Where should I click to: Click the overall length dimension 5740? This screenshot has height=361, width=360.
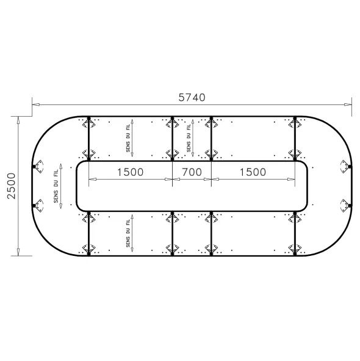[x=192, y=97]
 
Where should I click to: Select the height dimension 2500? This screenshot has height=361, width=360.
[x=11, y=186]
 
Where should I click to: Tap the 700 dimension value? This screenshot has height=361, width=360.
[x=192, y=172]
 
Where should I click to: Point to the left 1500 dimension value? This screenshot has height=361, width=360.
[x=130, y=172]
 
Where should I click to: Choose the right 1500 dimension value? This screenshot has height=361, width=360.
[x=253, y=172]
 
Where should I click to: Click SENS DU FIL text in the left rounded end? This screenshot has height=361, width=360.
[x=56, y=186]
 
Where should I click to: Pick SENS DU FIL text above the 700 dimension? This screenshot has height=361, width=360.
[x=189, y=138]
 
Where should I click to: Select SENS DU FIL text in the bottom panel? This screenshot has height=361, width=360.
[x=128, y=233]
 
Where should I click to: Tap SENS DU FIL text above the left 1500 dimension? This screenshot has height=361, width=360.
[x=128, y=138]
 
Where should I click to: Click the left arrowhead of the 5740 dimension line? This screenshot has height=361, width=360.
[x=35, y=104]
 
